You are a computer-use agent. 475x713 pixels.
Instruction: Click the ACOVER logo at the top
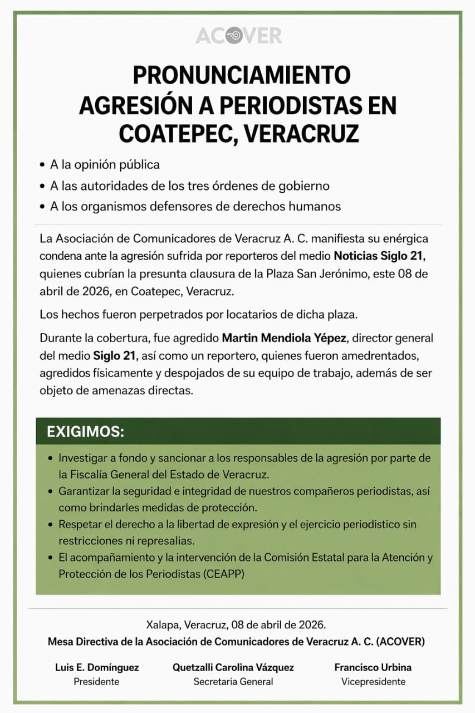(x=238, y=36)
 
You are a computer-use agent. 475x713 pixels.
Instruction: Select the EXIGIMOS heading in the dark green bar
(x=85, y=432)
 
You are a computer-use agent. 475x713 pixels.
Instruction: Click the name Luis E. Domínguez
(x=97, y=667)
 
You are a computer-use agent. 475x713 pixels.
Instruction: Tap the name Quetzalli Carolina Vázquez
(x=233, y=667)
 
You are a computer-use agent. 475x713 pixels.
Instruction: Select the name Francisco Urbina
(x=373, y=667)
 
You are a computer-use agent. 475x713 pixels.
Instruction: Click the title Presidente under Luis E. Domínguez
(x=96, y=681)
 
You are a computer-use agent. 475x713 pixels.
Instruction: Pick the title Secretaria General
(x=233, y=681)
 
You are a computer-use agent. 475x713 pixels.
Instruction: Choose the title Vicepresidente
(x=373, y=681)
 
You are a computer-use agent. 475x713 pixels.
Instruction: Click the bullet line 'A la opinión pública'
(x=105, y=165)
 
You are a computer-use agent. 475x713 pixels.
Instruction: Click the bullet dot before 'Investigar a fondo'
(x=51, y=458)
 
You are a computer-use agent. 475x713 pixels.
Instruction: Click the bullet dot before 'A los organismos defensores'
(x=42, y=207)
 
